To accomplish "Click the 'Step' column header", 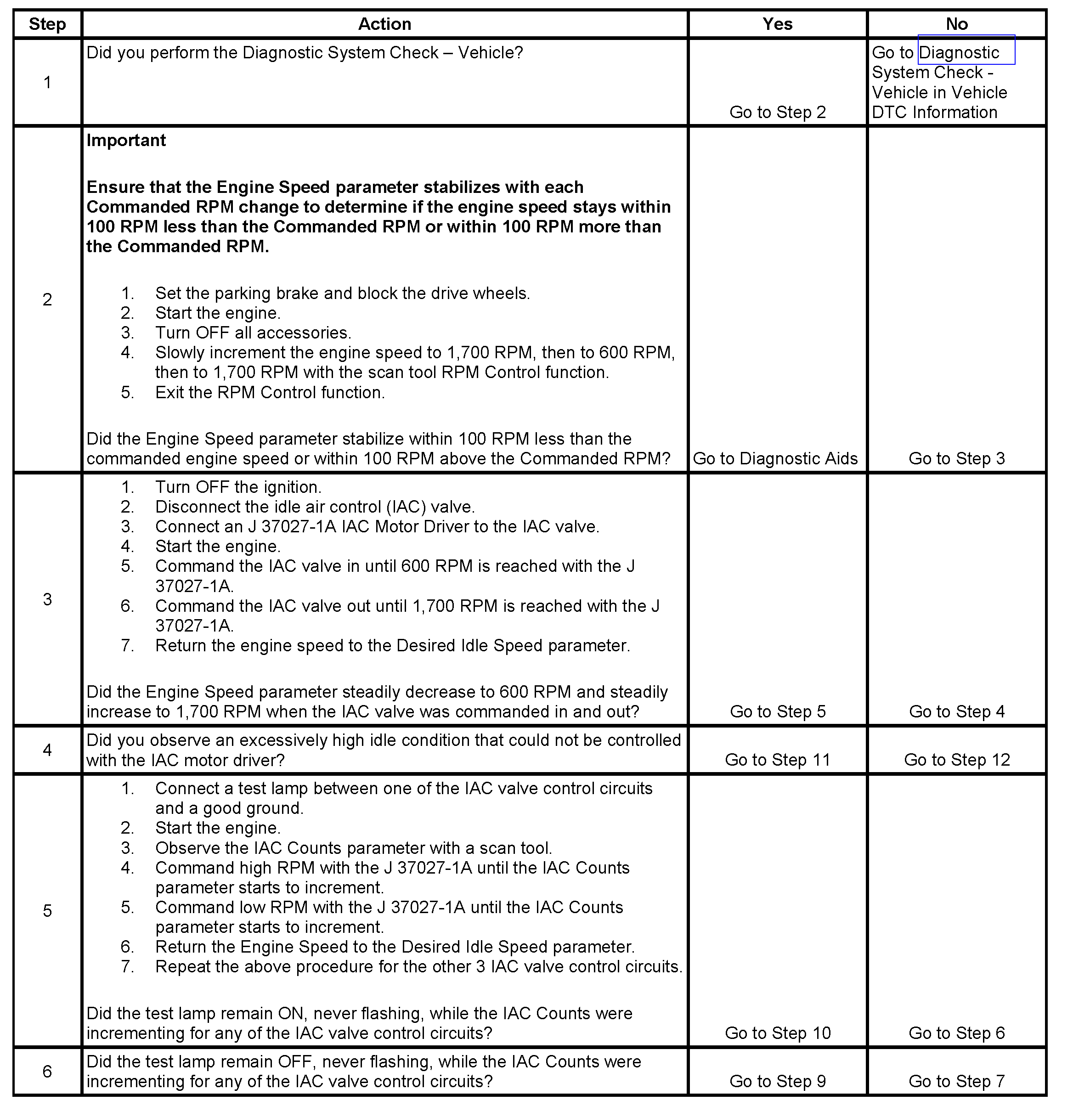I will [x=47, y=24].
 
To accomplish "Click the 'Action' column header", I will [x=384, y=24].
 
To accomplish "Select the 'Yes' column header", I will [x=777, y=24].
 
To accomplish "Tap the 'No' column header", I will [x=957, y=24].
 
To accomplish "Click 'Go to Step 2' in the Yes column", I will [x=777, y=112].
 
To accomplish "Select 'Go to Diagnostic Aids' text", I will [x=775, y=459].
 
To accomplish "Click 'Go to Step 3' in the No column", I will [x=957, y=459].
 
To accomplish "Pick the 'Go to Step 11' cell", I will [x=777, y=760].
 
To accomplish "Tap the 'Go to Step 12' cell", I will [x=957, y=760].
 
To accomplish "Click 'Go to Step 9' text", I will [x=777, y=1081].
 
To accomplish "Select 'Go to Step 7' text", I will [x=957, y=1081].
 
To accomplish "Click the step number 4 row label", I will [x=47, y=750].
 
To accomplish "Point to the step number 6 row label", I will [x=47, y=1071].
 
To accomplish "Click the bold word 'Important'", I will [x=126, y=141].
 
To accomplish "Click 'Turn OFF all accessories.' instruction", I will [x=253, y=333].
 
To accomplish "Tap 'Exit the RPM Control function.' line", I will [x=270, y=393].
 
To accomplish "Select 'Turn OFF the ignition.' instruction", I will [x=238, y=487].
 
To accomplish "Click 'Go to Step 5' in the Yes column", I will [x=777, y=711].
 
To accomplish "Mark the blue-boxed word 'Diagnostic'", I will [x=959, y=52].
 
